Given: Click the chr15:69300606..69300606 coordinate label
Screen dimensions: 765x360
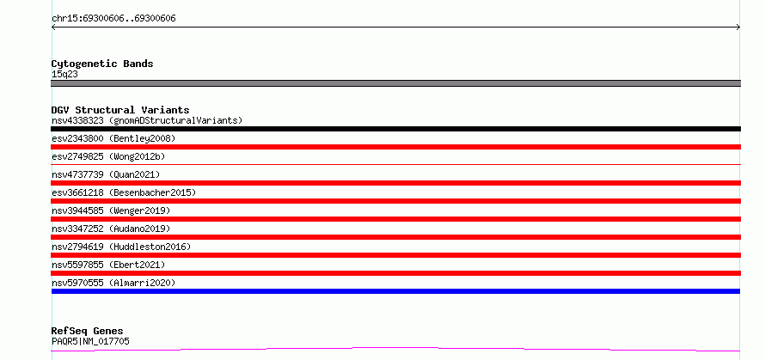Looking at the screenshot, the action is click(x=113, y=19).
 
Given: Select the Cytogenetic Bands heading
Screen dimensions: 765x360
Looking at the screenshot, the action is click(x=102, y=64).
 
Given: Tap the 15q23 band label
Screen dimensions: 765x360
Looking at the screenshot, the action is click(x=64, y=75).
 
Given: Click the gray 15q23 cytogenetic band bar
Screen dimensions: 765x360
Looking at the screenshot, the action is click(x=395, y=83).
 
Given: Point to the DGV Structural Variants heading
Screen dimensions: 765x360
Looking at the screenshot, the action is click(x=120, y=110).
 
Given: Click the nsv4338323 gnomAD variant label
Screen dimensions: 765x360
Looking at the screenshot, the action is click(x=147, y=120).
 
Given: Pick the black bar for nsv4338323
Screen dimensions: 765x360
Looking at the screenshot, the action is click(x=395, y=129).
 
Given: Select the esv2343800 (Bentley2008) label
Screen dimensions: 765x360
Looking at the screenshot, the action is click(x=113, y=138).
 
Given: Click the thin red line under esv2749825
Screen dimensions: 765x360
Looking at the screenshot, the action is click(x=395, y=165).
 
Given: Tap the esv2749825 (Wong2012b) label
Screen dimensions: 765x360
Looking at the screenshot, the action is click(x=108, y=156).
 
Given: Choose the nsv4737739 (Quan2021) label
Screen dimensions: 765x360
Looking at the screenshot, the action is click(x=106, y=174).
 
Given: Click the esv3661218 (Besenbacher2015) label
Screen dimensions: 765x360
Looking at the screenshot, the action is click(x=124, y=192).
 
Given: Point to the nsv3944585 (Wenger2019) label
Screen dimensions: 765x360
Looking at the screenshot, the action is click(x=111, y=211).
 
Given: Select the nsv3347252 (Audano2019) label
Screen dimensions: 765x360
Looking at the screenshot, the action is click(x=111, y=229).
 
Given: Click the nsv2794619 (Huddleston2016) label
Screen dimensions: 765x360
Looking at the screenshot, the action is click(x=121, y=247).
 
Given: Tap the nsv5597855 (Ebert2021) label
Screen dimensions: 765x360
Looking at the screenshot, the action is click(x=108, y=265).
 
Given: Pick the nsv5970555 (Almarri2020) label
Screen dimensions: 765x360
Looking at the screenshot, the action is click(x=113, y=283).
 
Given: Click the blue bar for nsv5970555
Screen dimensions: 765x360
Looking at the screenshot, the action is click(x=395, y=291).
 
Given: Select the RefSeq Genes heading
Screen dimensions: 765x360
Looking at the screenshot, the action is click(x=87, y=332).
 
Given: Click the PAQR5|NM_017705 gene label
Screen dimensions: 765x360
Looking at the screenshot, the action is click(x=90, y=341).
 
